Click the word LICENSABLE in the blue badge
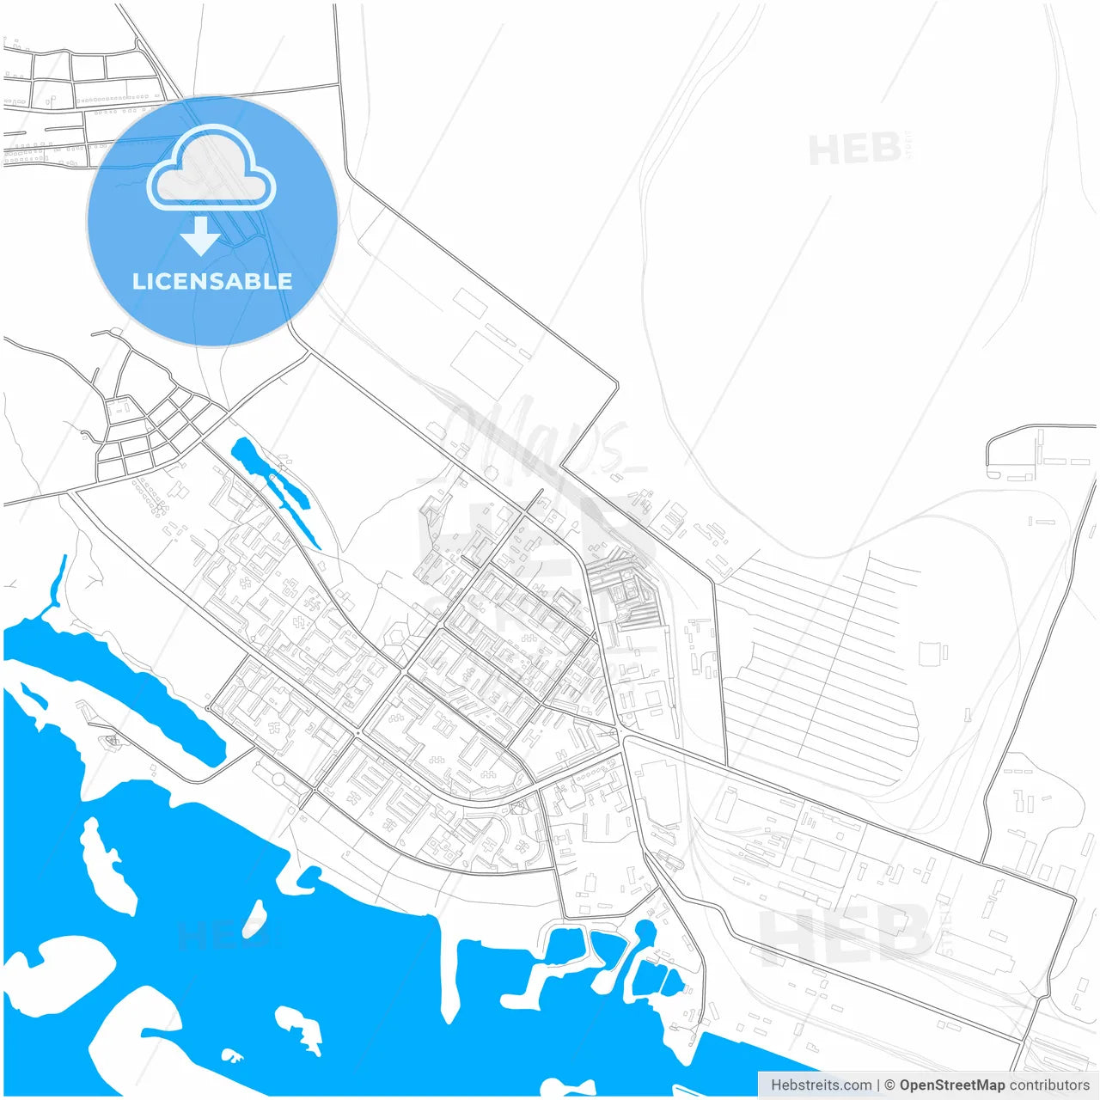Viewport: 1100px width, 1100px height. tap(211, 281)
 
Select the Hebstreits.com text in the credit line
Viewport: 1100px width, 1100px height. tap(821, 1085)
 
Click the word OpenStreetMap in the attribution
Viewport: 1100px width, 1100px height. tap(951, 1085)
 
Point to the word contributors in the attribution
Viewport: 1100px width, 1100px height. tap(1048, 1085)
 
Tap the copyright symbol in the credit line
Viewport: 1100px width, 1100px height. tap(889, 1085)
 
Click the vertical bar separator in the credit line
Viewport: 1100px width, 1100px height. tap(877, 1085)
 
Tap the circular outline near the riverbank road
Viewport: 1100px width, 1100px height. tap(279, 779)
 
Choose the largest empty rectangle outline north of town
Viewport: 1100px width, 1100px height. tap(486, 364)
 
